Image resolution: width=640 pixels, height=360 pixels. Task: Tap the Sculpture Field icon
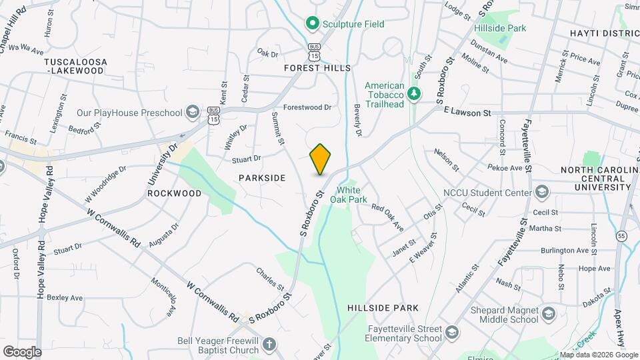point(311,24)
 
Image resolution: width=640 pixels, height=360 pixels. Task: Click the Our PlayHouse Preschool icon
point(193,110)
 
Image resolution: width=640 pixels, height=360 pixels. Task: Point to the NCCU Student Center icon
point(542,193)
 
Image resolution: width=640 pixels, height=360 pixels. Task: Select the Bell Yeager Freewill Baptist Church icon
point(268,345)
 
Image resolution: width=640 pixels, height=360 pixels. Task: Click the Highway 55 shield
point(621,236)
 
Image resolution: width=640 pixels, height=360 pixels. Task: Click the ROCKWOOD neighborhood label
point(174,193)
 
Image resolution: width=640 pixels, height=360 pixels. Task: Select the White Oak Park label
point(349,194)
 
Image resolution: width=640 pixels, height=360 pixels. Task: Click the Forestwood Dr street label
point(307,107)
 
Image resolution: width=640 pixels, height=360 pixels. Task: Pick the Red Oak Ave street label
point(388,217)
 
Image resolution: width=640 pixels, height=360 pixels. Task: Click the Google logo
point(22,351)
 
